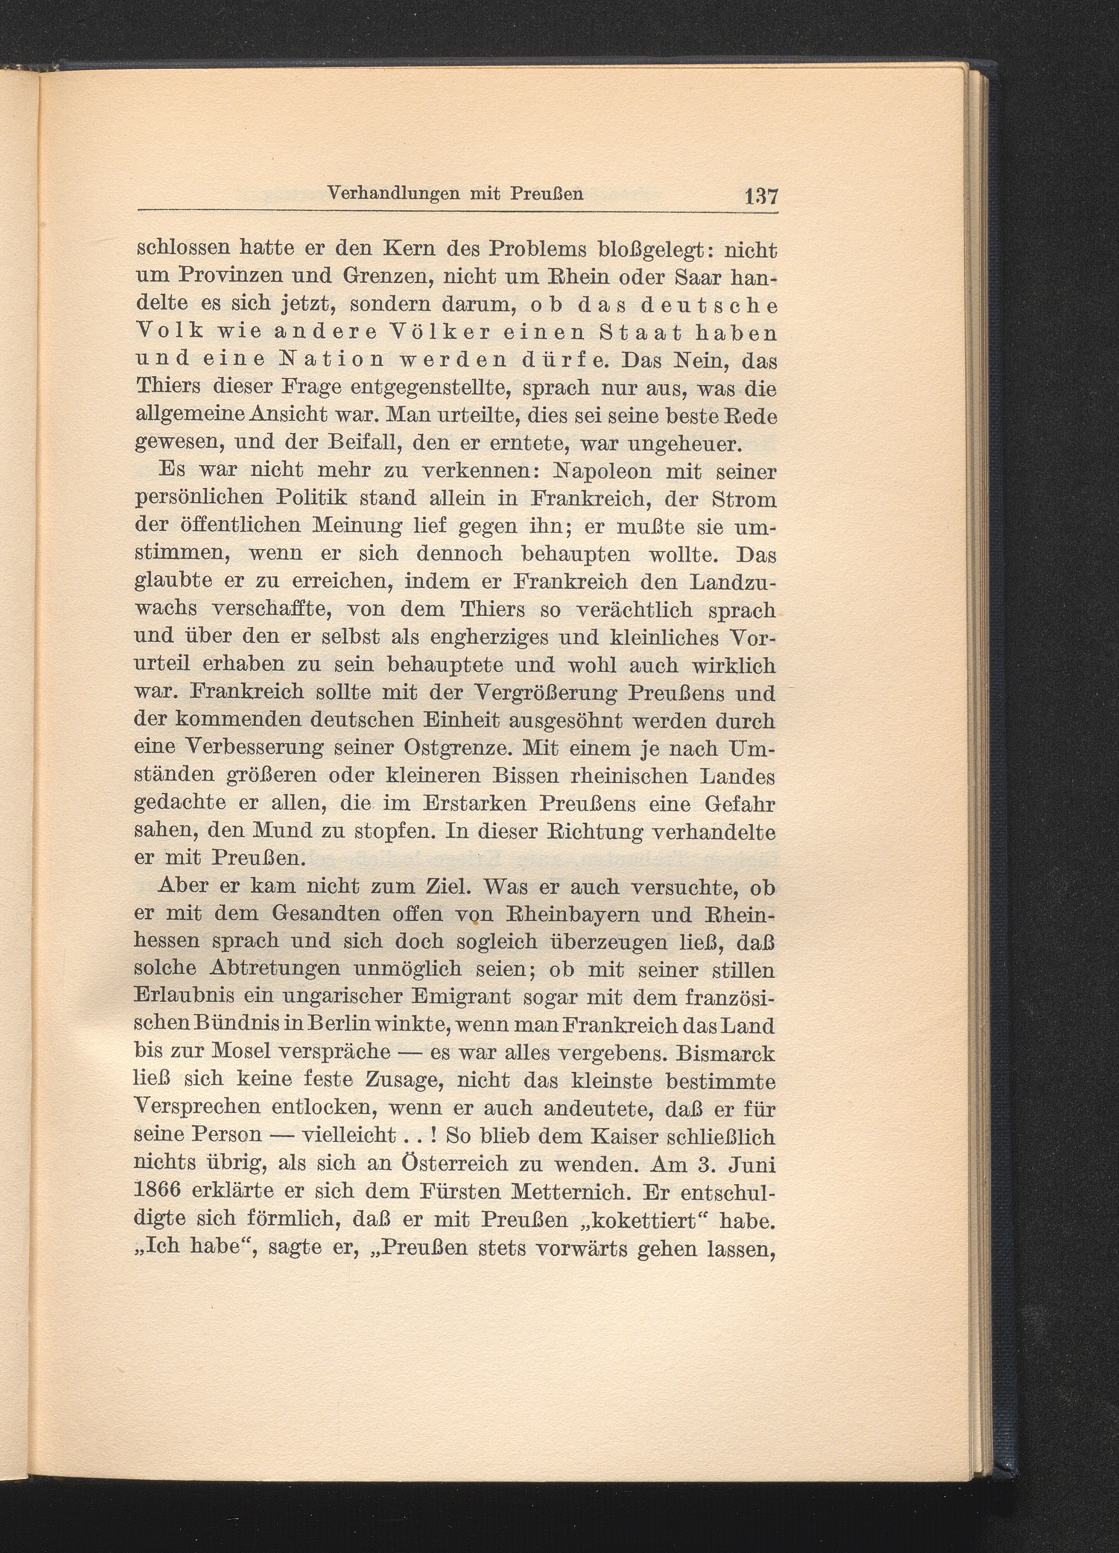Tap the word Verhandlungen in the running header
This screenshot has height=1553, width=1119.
click(x=385, y=194)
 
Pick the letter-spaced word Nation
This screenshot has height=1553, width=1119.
click(x=321, y=360)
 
